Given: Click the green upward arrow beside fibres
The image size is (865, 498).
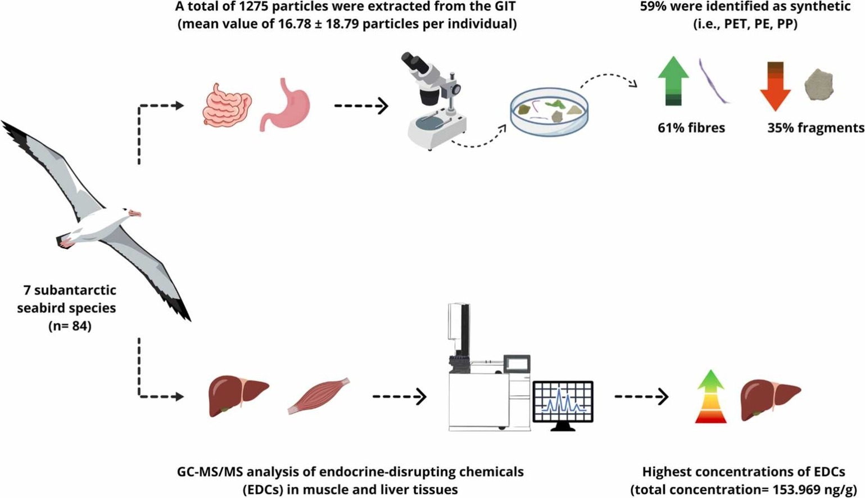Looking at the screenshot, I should pyautogui.click(x=673, y=82).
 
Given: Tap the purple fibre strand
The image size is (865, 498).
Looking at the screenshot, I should pyautogui.click(x=713, y=81).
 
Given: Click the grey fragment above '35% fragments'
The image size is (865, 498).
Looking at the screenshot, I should pyautogui.click(x=819, y=85).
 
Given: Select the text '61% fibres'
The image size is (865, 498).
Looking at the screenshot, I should pyautogui.click(x=691, y=128).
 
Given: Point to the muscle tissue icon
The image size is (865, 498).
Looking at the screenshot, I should pyautogui.click(x=319, y=395).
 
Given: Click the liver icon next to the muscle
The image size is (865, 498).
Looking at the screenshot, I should pyautogui.click(x=238, y=396).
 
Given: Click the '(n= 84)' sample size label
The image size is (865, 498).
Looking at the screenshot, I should pyautogui.click(x=70, y=325).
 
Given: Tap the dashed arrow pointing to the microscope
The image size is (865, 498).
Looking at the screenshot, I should pyautogui.click(x=361, y=105).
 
